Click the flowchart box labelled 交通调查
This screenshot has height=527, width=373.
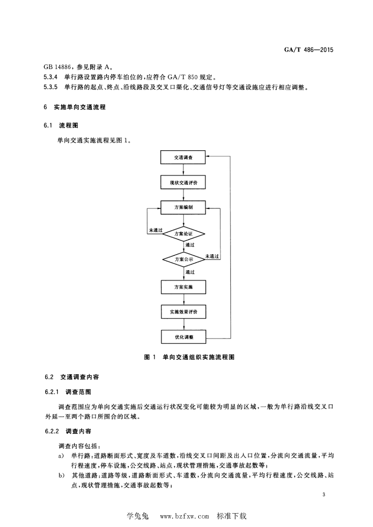(x=183, y=157)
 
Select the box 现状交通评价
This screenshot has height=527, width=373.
(x=183, y=183)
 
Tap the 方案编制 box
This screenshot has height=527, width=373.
(x=183, y=207)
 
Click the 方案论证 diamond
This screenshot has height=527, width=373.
(x=183, y=234)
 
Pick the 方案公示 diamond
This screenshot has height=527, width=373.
(x=183, y=259)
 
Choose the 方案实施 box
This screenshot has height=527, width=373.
(x=183, y=287)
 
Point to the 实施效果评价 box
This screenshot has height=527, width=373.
(x=183, y=312)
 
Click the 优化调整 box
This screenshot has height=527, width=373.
(x=183, y=337)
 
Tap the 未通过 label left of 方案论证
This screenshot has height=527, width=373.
(x=156, y=230)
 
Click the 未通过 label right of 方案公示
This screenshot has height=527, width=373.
(x=212, y=256)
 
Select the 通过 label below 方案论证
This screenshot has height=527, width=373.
(x=190, y=245)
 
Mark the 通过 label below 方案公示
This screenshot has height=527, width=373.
(x=190, y=272)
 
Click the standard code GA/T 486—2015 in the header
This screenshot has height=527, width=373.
(x=309, y=50)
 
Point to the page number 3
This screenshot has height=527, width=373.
(x=324, y=495)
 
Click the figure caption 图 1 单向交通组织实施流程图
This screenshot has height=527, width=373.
(x=189, y=357)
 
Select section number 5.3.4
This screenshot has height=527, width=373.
(x=50, y=77)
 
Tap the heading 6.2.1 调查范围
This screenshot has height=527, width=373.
(x=68, y=392)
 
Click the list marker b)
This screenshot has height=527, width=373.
(x=61, y=475)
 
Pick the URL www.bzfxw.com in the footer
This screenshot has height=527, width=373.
(x=184, y=516)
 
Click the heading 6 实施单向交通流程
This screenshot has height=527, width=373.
(x=75, y=107)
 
